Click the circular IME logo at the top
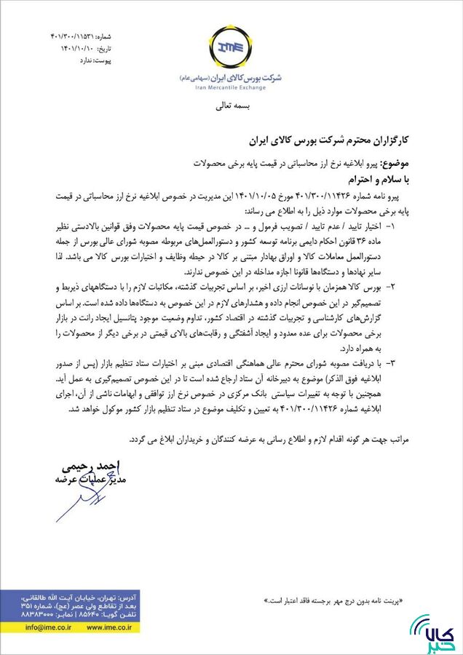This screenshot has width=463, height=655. click(x=231, y=48)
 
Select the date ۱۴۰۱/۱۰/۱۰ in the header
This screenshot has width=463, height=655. click(x=79, y=49)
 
